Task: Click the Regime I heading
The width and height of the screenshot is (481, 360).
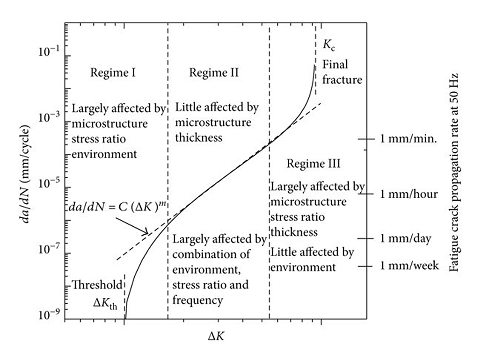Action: coord(113,73)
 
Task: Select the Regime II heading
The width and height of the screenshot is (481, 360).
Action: coord(214,73)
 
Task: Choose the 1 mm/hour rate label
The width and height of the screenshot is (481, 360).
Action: coord(409,194)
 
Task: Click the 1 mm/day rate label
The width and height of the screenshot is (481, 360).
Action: coord(406,238)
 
